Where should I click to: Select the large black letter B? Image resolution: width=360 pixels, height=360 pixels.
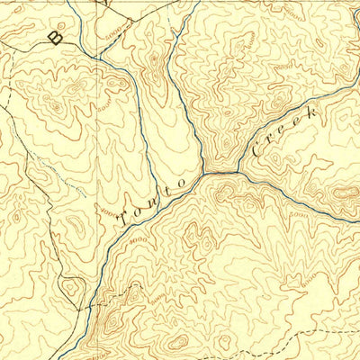[57, 37]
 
